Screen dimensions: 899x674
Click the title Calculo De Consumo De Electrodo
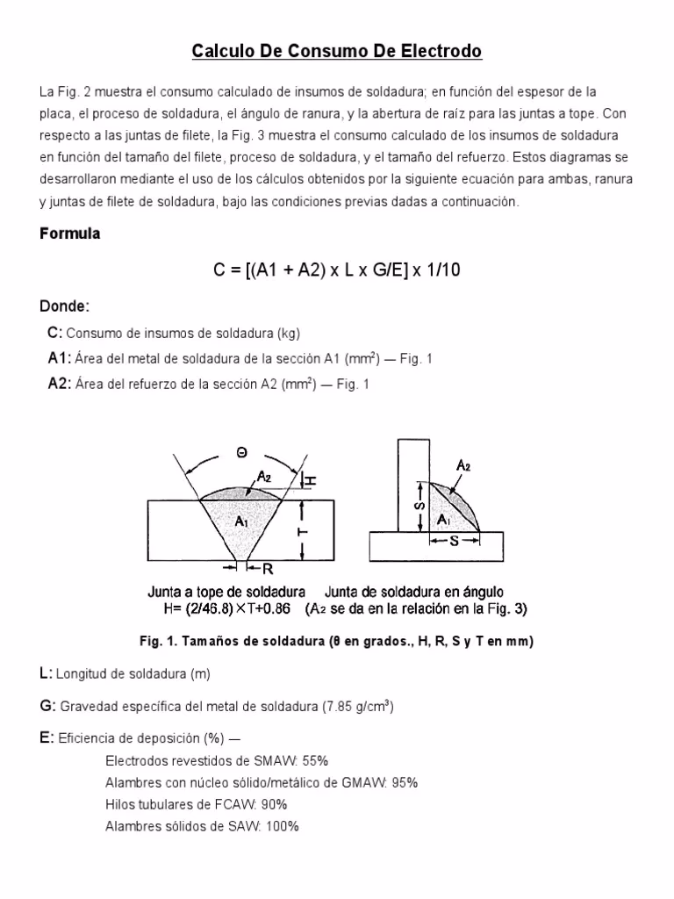point(337,53)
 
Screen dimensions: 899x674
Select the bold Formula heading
point(70,234)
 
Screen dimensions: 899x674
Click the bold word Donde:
point(65,306)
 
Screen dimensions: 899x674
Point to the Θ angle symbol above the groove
point(241,453)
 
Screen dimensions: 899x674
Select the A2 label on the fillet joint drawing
point(462,467)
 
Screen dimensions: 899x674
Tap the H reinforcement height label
point(312,481)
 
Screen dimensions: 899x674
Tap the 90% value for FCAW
point(274,804)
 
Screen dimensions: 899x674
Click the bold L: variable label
point(46,673)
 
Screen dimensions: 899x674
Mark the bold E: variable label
point(47,738)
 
